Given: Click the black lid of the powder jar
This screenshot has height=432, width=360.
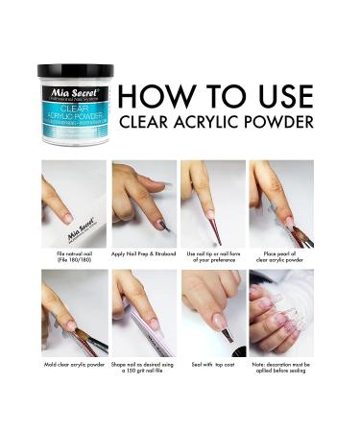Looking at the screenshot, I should click(x=75, y=71).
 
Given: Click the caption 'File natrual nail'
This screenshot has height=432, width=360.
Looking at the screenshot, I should click(x=74, y=252).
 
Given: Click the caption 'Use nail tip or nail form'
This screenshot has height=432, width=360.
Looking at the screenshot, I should click(x=212, y=256).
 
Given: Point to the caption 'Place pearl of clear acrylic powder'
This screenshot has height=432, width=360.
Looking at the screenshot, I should click(x=281, y=256).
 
